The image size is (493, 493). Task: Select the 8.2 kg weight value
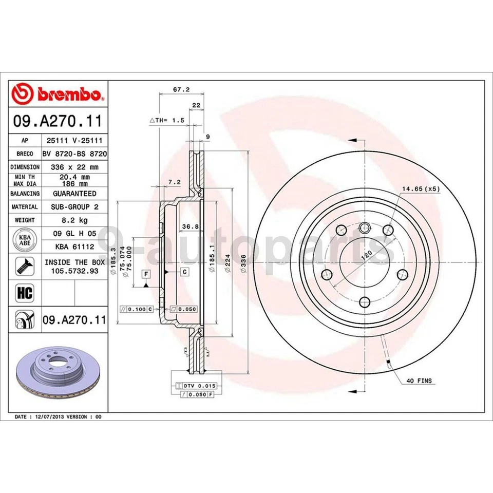pyautogui.click(x=74, y=220)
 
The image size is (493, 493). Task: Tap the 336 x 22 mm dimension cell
pyautogui.click(x=74, y=167)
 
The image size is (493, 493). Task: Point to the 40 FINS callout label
pyautogui.click(x=419, y=381)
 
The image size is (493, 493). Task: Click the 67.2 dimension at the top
pyautogui.click(x=181, y=89)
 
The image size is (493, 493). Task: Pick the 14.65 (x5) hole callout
pyautogui.click(x=421, y=188)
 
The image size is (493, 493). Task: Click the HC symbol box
pyautogui.click(x=25, y=293)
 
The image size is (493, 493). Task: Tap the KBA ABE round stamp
pyautogui.click(x=25, y=240)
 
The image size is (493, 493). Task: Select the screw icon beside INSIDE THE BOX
pyautogui.click(x=25, y=267)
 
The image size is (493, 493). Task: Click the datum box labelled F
pyautogui.click(x=146, y=274)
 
